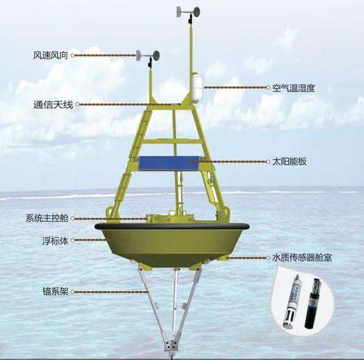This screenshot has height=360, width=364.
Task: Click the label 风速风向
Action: pyautogui.click(x=50, y=55)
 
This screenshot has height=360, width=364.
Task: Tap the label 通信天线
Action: pyautogui.click(x=53, y=105)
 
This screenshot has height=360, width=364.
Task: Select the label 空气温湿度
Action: pyautogui.click(x=294, y=88)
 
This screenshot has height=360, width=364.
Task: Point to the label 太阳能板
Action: pyautogui.click(x=289, y=161)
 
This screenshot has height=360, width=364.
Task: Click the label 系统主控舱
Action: pyautogui.click(x=47, y=219)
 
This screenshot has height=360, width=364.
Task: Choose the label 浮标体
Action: pyautogui.click(x=55, y=241)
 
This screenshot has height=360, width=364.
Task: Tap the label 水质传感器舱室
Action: pyautogui.click(x=302, y=258)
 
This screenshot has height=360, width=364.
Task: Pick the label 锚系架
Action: pyautogui.click(x=55, y=291)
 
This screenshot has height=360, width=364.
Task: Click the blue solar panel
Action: pyautogui.click(x=169, y=163)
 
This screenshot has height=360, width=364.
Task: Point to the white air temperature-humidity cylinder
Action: pyautogui.click(x=197, y=87)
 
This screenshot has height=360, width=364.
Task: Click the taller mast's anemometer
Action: pyautogui.click(x=188, y=13)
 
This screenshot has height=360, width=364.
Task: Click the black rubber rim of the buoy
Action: pyautogui.click(x=172, y=226)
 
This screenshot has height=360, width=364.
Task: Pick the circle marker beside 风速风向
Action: pyautogui.click(x=73, y=55)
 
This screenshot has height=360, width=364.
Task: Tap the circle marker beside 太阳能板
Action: pyautogui.click(x=268, y=161)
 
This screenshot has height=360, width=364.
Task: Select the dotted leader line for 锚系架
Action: pyautogui.click(x=111, y=292)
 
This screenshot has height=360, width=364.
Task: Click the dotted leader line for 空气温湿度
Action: pyautogui.click(x=235, y=87)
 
